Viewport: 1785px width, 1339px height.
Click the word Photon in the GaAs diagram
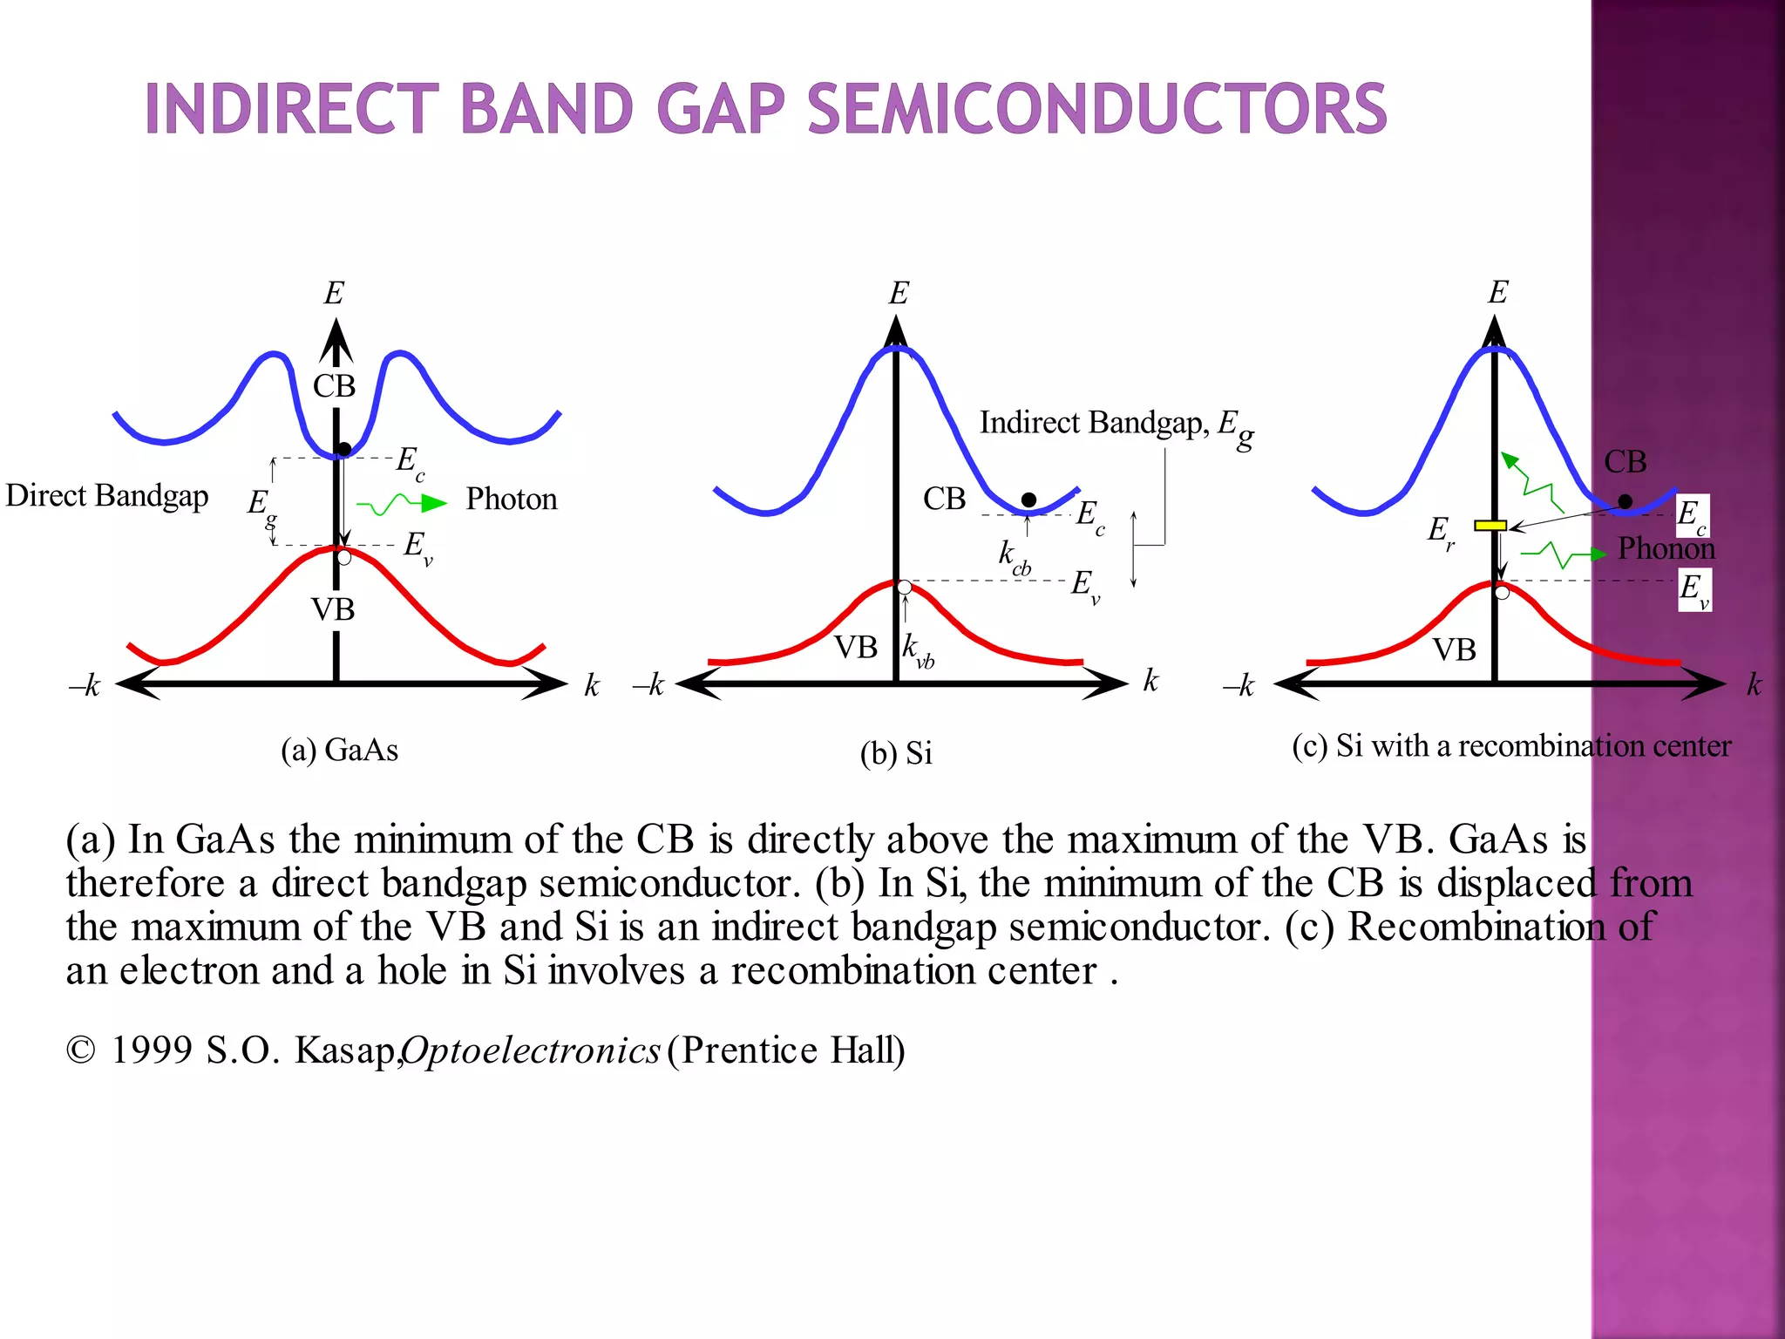point(511,500)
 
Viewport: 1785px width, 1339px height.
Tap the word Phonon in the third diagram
point(1666,548)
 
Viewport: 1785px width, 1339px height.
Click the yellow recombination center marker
point(1490,526)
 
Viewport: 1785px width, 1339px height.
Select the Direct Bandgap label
point(107,495)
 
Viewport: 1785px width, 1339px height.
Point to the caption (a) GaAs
point(339,750)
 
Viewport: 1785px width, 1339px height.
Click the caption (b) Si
point(896,753)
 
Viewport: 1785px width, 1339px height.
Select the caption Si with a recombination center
point(1511,746)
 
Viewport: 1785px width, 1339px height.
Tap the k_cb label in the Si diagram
point(1014,556)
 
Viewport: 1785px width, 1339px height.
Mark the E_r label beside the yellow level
point(1440,531)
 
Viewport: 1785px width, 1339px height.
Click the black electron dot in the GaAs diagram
point(344,449)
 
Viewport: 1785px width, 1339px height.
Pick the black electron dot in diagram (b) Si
point(1028,500)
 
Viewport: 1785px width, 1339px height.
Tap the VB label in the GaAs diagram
point(333,609)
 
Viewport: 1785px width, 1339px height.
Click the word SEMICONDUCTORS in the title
point(1096,110)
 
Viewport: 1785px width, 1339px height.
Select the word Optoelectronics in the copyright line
point(531,1050)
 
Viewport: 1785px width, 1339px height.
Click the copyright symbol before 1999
point(80,1050)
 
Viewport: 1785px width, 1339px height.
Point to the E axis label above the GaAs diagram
point(334,293)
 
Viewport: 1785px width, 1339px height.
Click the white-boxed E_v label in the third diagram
point(1694,590)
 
